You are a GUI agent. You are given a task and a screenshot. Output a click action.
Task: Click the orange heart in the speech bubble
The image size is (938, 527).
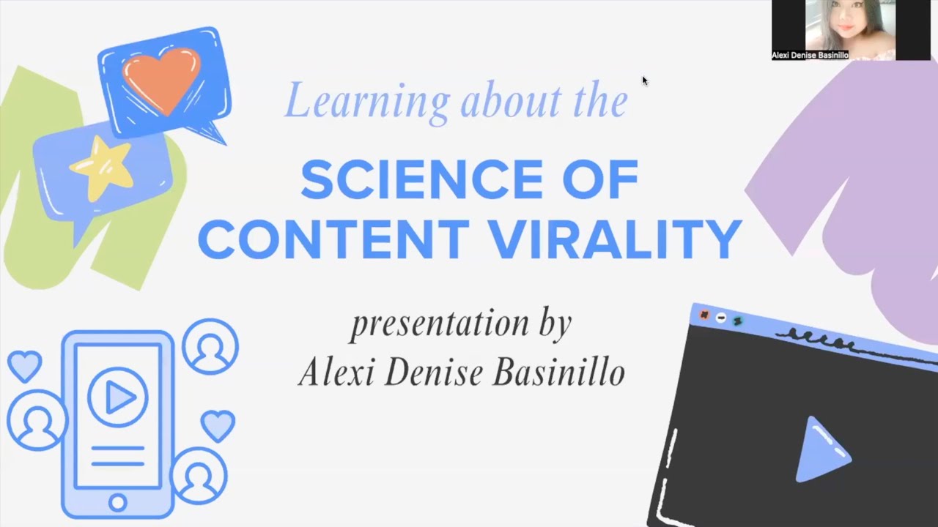161,79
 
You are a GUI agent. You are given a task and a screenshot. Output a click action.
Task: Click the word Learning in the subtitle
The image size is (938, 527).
366,100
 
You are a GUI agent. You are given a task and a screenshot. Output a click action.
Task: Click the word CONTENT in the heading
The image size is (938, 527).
333,239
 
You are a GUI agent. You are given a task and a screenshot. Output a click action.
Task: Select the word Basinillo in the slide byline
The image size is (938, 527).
558,372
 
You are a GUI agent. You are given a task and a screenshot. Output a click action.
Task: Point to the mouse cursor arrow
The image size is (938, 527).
645,81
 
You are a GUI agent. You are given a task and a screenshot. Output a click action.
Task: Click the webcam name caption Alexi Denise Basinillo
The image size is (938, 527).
810,55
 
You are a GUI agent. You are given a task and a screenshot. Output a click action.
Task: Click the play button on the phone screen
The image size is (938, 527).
118,397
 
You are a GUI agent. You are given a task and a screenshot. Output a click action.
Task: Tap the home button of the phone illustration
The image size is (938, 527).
117,502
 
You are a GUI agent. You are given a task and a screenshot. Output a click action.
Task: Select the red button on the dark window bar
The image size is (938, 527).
704,315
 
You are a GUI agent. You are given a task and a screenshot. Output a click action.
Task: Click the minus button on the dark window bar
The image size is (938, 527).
721,318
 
